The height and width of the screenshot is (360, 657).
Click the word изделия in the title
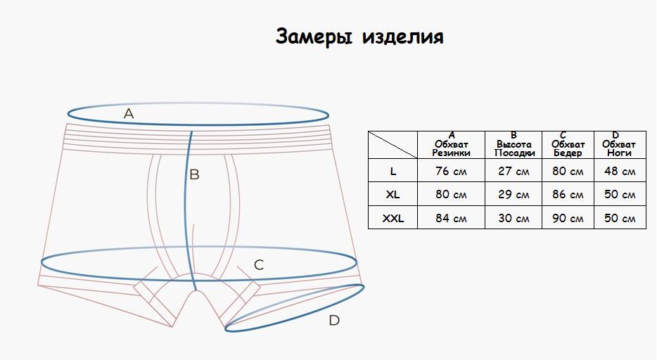click(402, 37)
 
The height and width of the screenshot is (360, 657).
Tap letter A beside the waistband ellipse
click(129, 113)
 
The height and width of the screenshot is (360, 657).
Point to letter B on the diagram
click(194, 174)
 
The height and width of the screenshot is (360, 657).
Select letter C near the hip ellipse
click(259, 265)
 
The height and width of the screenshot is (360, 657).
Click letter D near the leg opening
click(334, 321)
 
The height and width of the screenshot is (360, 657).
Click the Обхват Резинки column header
click(452, 144)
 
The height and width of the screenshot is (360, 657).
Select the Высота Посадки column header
click(514, 144)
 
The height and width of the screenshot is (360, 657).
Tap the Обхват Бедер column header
click(568, 144)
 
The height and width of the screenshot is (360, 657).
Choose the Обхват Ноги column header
click(619, 144)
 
